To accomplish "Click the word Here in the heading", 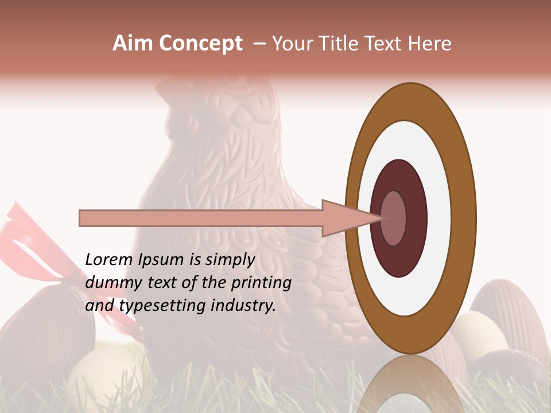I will [x=430, y=44].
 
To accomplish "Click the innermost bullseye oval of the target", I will [x=393, y=219].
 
